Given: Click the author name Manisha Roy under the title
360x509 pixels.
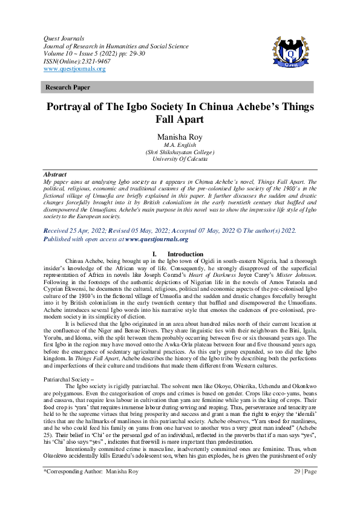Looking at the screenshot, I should (x=180, y=137).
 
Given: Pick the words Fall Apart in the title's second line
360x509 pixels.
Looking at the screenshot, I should (x=180, y=120).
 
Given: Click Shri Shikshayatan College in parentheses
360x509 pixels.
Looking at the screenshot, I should (x=180, y=153).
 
